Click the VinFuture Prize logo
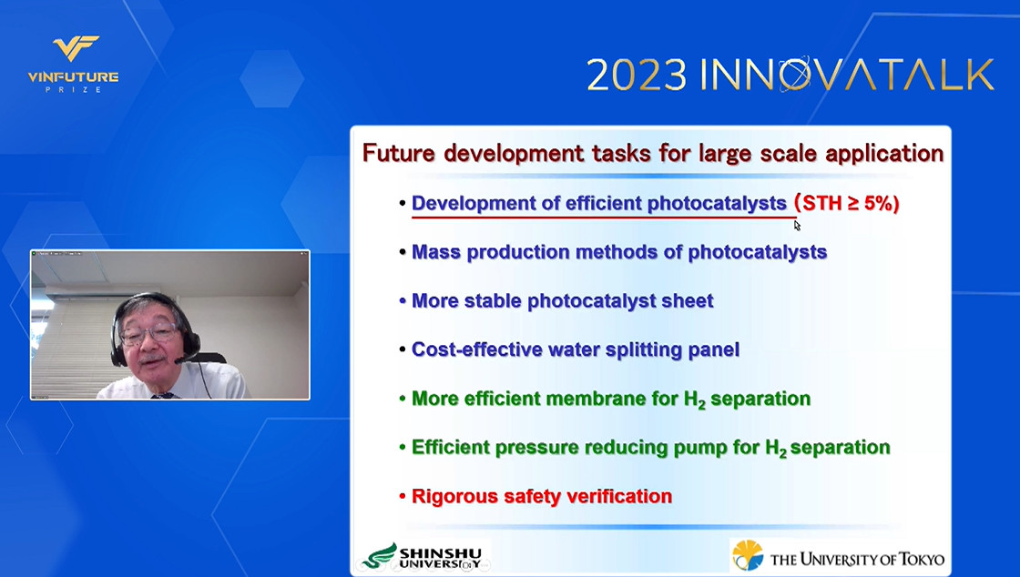73,64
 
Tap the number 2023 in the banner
637,76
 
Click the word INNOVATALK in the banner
847,74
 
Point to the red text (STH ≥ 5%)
847,203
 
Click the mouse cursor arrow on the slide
797,226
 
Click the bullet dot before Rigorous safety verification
403,497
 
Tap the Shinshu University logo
423,556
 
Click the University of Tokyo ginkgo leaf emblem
748,555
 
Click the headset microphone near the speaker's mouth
178,360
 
